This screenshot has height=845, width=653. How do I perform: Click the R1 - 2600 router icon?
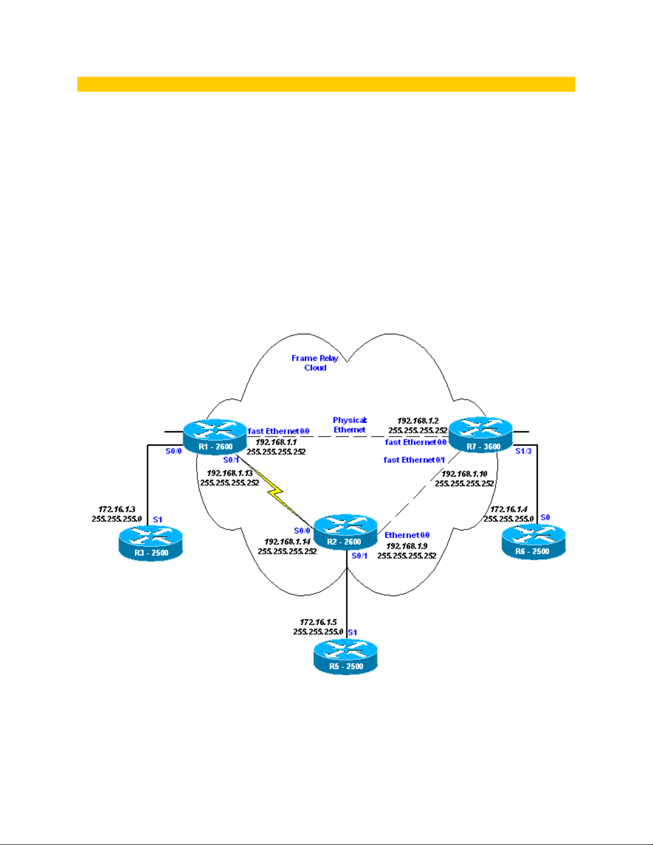215,436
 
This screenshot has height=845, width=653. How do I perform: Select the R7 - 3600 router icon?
480,435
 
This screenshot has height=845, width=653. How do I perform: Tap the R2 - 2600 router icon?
345,532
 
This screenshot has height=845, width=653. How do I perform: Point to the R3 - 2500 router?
151,543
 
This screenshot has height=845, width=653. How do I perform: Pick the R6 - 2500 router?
533,541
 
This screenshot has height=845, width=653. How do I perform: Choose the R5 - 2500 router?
345,656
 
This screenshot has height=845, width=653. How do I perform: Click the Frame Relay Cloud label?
315,363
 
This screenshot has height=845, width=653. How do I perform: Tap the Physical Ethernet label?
350,425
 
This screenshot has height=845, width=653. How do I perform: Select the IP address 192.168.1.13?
230,473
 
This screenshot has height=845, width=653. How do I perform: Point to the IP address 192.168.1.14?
287,542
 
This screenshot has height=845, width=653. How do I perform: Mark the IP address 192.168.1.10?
464,473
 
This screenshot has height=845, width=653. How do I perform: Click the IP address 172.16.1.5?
318,622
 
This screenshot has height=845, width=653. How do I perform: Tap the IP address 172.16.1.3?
117,509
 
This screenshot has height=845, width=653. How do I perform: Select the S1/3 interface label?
523,451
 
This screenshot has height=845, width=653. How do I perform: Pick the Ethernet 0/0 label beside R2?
407,535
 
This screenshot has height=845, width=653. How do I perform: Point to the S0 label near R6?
545,517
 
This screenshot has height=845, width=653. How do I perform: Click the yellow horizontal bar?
326,84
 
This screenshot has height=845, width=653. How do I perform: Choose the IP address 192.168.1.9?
407,546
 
